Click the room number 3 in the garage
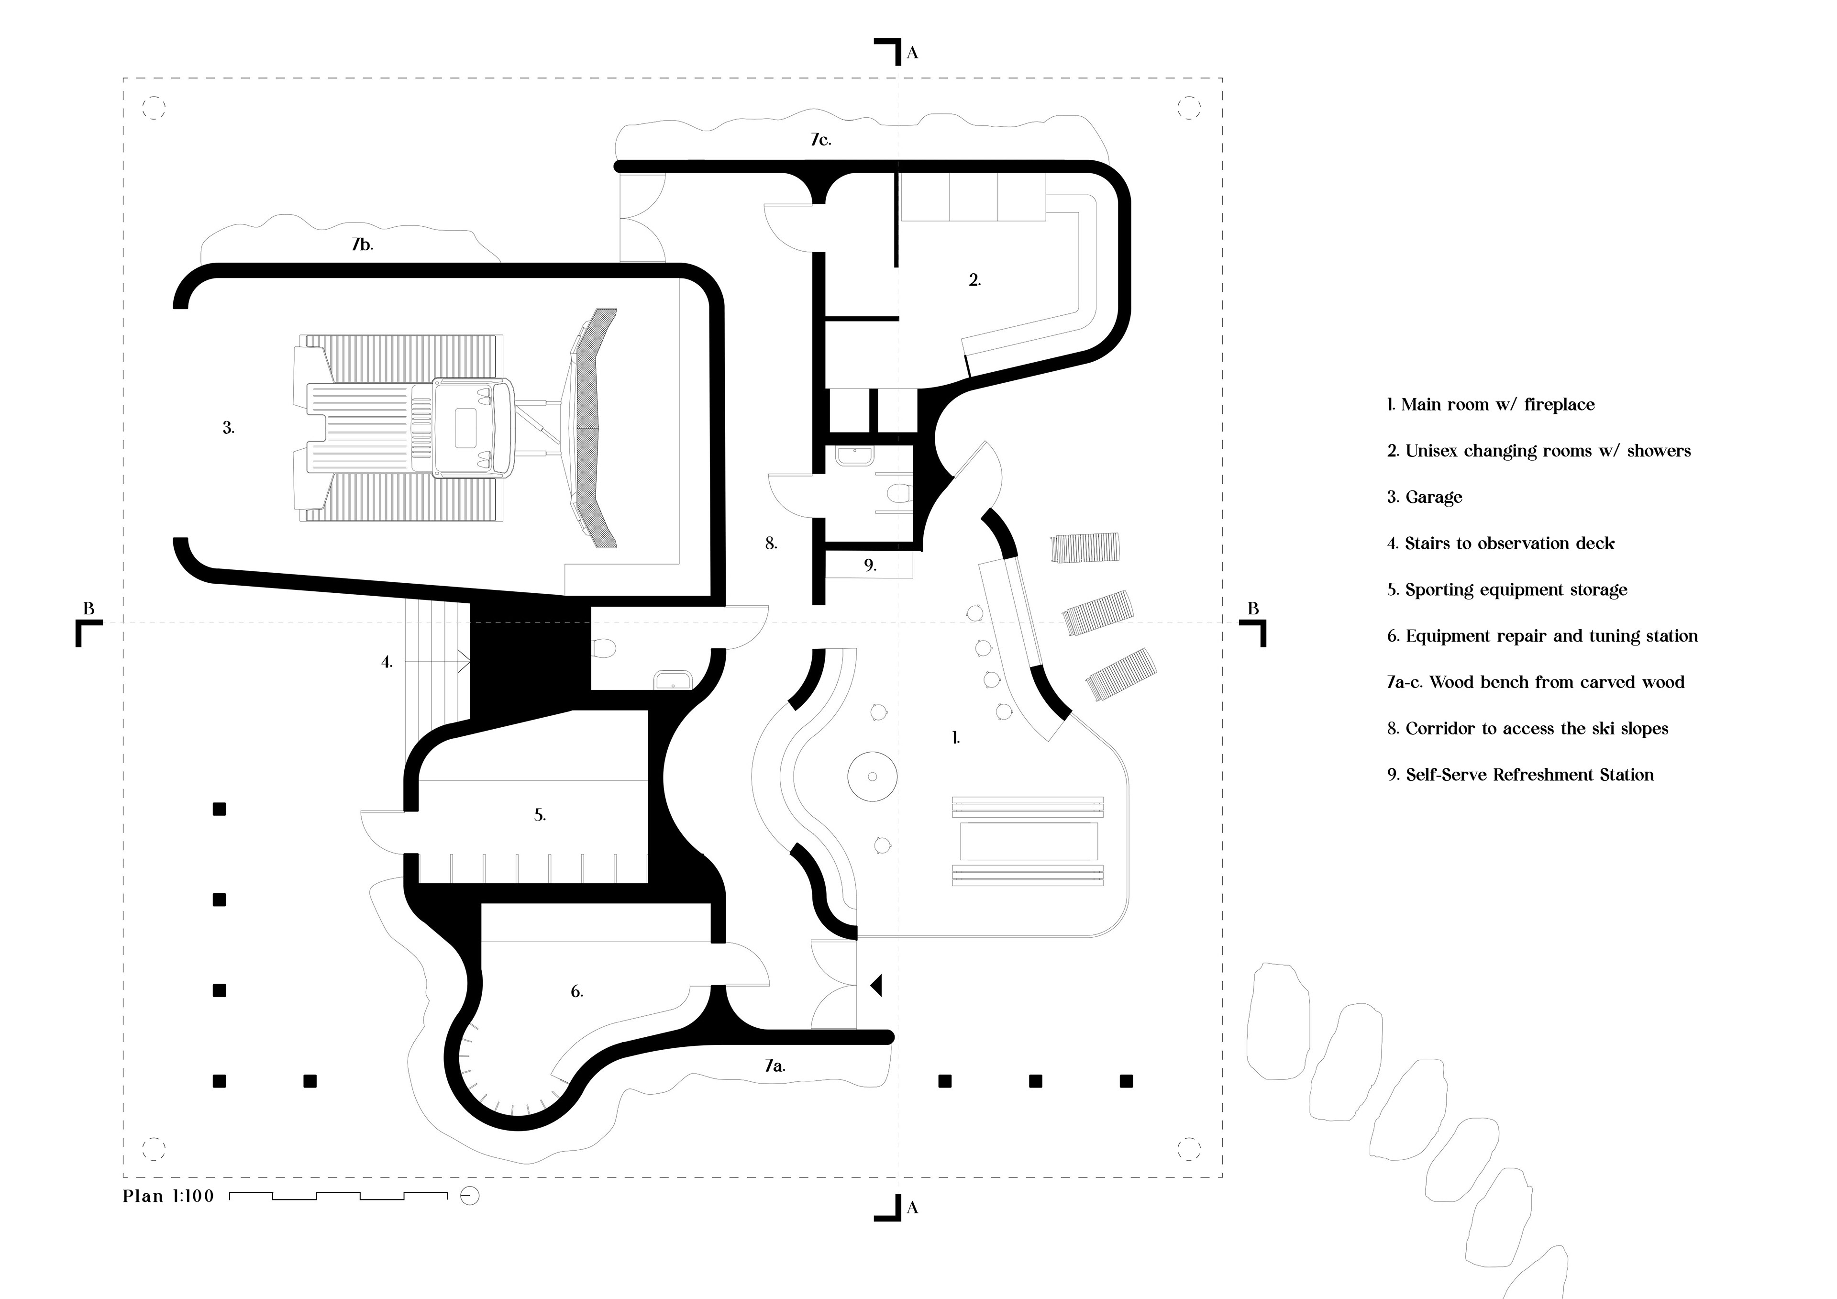[x=228, y=428]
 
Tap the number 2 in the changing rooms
[x=974, y=280]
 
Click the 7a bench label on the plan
[x=775, y=1066]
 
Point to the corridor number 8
[x=771, y=544]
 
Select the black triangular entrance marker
[x=876, y=985]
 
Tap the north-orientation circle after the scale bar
[x=470, y=1197]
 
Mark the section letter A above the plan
[x=912, y=54]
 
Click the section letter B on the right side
[x=1253, y=609]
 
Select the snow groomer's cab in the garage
[x=472, y=428]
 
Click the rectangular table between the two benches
[x=1028, y=841]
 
